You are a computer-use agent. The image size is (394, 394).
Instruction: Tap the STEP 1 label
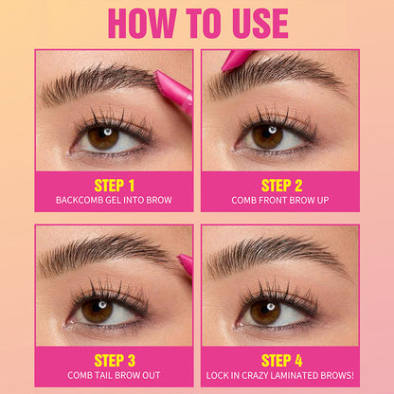[x=115, y=185]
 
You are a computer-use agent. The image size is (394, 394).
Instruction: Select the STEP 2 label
[x=280, y=185]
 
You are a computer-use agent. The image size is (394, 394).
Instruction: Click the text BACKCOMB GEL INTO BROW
[x=115, y=200]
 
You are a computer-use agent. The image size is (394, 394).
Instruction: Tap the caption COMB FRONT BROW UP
[x=280, y=200]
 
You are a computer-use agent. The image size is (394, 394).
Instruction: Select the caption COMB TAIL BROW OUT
[x=115, y=375]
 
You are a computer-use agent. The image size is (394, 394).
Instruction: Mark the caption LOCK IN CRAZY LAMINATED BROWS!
[x=280, y=375]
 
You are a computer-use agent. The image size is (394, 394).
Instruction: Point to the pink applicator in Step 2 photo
[x=240, y=60]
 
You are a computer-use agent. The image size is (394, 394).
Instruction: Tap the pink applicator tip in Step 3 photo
[x=186, y=265]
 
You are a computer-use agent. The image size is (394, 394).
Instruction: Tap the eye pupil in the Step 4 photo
[x=266, y=309]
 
